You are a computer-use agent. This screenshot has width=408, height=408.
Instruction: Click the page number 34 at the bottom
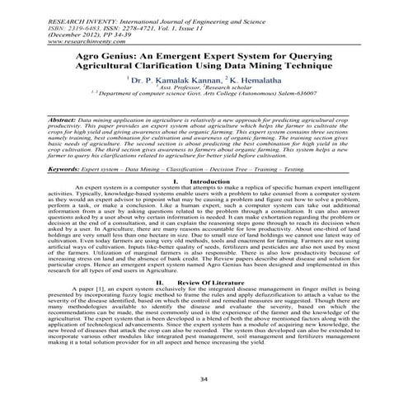coord(204,378)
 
